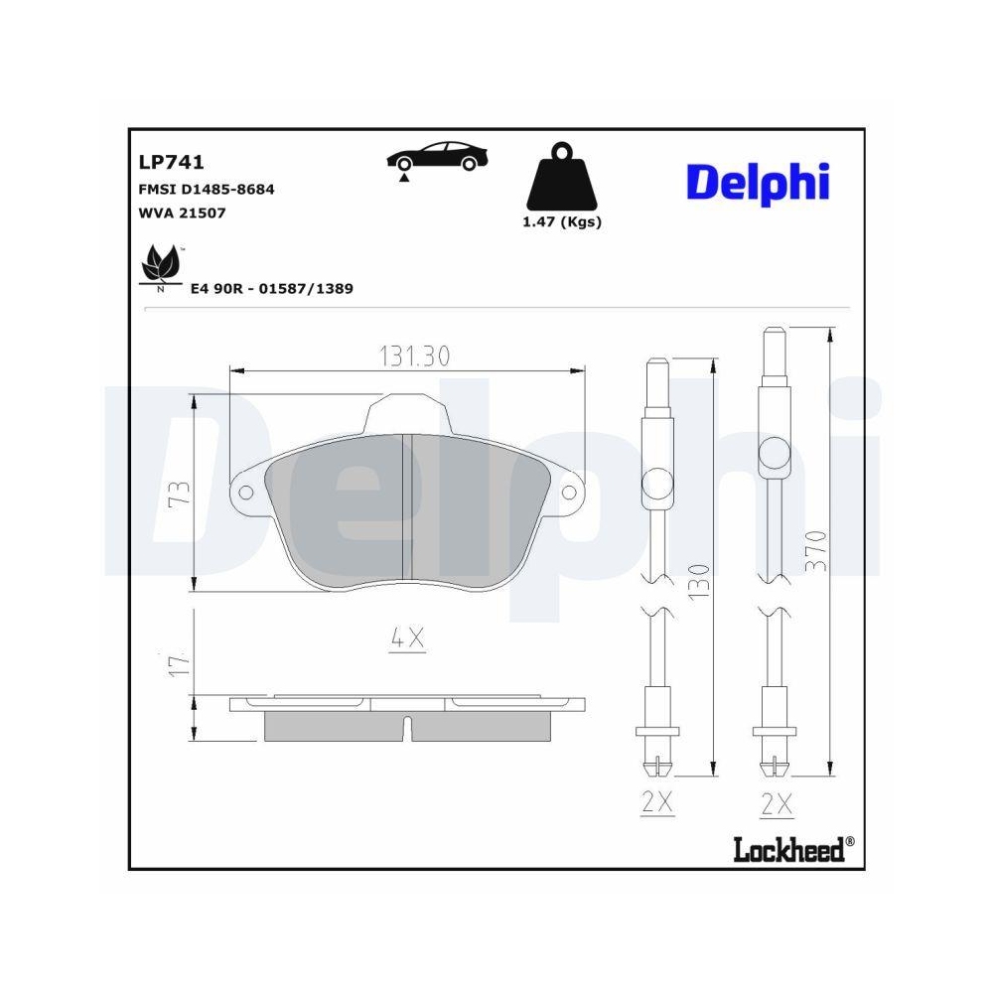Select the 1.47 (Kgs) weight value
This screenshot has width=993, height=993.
coord(561,222)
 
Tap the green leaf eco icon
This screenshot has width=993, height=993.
coord(158,265)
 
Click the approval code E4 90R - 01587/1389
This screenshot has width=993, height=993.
coord(272,288)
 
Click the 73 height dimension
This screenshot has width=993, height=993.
coord(180,493)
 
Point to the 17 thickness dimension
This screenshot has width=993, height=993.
coord(180,664)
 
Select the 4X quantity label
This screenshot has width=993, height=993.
coord(407,640)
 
